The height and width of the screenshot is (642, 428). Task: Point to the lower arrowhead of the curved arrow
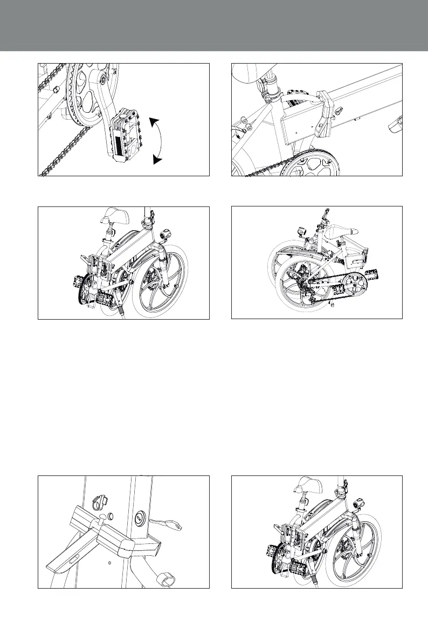tap(156, 159)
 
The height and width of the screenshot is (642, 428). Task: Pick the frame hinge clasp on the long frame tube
tap(325, 116)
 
